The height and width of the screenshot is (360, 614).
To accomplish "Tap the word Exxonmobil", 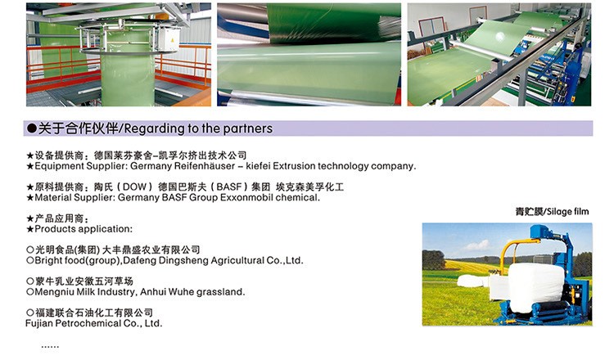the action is coord(246,197).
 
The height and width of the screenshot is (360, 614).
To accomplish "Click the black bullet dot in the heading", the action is coord(31,128).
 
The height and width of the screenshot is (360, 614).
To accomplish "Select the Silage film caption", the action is coord(552,212).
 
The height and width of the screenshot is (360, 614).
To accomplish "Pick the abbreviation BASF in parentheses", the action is coord(229,187).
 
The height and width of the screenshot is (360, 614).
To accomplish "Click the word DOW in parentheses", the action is coord(134,187).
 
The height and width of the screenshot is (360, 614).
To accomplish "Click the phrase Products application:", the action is coord(84,229).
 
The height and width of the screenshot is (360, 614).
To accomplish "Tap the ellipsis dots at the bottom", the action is coord(50,347).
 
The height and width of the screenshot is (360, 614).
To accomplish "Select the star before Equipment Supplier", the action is coord(30,166).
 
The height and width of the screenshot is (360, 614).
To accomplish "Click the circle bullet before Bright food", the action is coord(30,260).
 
